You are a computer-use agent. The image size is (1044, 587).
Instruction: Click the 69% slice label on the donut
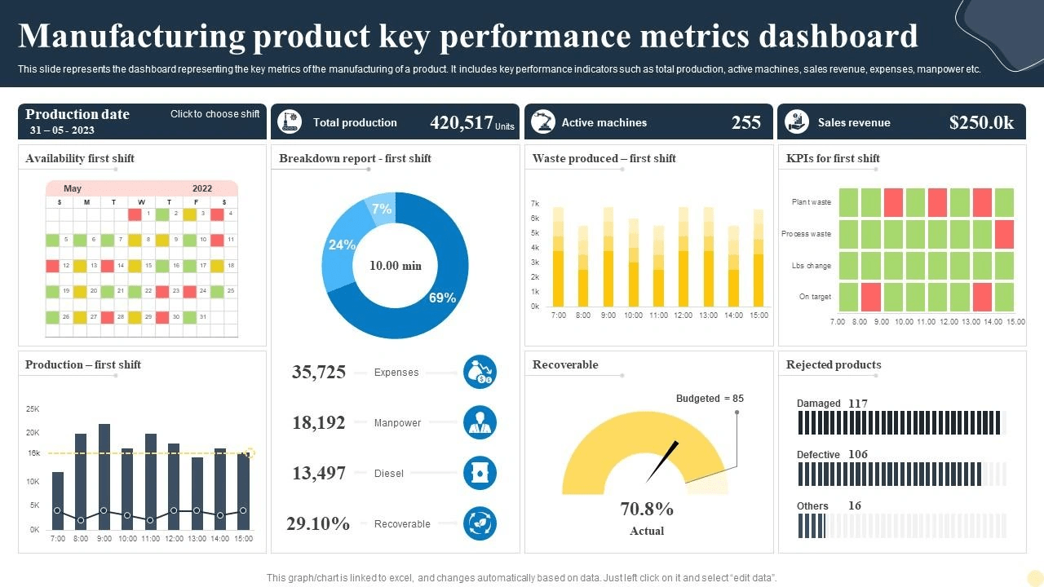click(x=442, y=298)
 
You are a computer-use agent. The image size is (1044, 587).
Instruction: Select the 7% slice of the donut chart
click(x=382, y=209)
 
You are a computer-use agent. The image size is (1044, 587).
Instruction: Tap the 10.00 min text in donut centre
click(x=396, y=266)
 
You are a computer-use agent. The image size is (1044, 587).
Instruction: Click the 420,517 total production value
click(x=462, y=123)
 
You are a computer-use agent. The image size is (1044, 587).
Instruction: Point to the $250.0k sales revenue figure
click(x=981, y=123)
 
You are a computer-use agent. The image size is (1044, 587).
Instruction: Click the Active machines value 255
click(x=745, y=123)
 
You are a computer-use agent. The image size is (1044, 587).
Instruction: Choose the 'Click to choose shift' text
click(x=215, y=114)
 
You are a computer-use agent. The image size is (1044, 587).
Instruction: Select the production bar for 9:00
click(x=104, y=477)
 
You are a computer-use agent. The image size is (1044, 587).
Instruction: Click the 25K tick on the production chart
click(x=33, y=408)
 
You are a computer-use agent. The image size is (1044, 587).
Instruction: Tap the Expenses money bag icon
click(x=480, y=372)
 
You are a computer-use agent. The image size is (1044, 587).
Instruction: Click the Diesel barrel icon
click(x=480, y=473)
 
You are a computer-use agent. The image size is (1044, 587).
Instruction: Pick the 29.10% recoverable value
click(x=318, y=523)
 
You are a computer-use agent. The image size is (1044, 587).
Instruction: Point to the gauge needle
click(x=662, y=462)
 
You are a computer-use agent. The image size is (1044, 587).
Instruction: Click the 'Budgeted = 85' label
click(x=710, y=399)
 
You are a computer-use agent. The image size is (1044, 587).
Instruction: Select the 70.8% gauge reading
click(x=647, y=510)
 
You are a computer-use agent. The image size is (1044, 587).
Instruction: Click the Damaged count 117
click(x=858, y=404)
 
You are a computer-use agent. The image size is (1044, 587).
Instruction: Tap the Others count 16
click(x=854, y=506)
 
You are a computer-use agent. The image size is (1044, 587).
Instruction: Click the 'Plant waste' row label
click(x=811, y=202)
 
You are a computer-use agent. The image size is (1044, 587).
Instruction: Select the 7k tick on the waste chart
click(x=535, y=203)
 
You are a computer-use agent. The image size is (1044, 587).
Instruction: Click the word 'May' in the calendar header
click(x=73, y=188)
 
